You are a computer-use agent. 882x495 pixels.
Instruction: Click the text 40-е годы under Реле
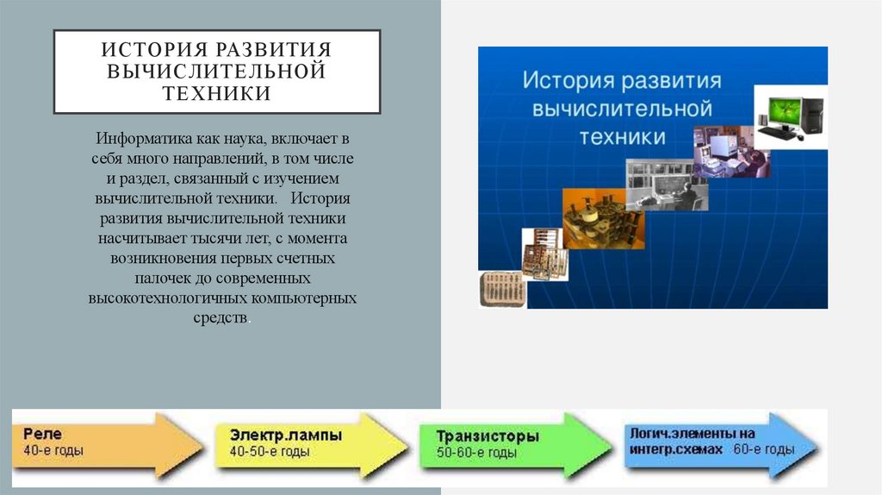[x=53, y=451]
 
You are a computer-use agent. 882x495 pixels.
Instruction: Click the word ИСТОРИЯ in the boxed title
[x=151, y=49]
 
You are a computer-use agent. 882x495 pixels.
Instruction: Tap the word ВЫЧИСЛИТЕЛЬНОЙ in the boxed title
[x=217, y=72]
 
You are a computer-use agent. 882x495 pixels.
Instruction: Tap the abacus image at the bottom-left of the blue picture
[x=500, y=286]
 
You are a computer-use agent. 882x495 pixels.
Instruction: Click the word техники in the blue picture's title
[x=622, y=137]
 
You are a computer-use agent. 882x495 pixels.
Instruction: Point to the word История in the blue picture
[x=563, y=83]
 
